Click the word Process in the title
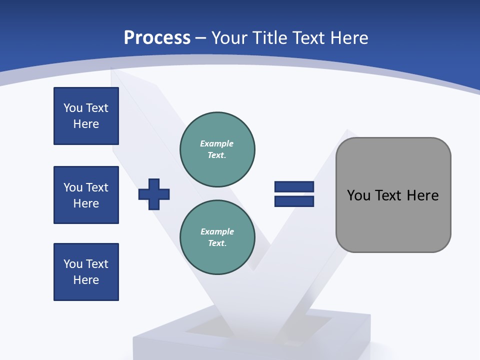point(157,38)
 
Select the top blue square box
point(86,116)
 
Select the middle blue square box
point(86,195)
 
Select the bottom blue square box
point(86,272)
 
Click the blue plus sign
point(154,194)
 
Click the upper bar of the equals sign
point(294,187)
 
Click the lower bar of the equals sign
point(294,201)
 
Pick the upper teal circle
point(217,149)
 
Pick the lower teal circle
point(217,237)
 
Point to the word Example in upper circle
point(217,143)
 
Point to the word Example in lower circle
point(217,231)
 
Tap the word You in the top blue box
point(72,108)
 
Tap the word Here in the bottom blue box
point(86,280)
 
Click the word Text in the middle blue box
point(97,187)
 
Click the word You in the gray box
point(358,195)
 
